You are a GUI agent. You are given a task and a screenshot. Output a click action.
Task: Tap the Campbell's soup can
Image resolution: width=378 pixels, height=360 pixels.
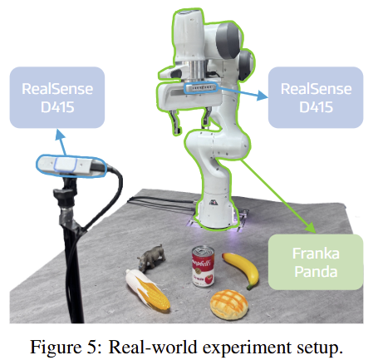[204, 266]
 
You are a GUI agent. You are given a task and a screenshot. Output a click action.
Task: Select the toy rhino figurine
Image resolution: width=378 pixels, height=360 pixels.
[151, 257]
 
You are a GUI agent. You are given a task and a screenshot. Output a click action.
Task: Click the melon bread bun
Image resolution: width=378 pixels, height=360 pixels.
[228, 304]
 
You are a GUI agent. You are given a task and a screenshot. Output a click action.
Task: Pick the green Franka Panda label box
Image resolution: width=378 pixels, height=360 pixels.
[316, 262]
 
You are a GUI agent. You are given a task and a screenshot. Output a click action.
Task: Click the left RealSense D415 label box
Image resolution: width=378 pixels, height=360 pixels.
[57, 97]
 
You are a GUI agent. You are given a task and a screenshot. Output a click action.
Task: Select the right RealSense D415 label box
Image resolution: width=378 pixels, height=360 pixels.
[316, 97]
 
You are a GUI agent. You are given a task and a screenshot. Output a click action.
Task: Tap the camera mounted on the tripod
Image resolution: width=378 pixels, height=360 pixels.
[71, 166]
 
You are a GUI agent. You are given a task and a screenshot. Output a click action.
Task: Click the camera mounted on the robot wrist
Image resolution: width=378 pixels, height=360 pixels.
[201, 88]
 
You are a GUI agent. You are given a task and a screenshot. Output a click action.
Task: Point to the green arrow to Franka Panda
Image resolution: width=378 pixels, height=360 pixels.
[278, 196]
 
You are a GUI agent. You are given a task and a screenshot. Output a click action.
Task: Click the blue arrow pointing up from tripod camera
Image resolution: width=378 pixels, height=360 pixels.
[61, 142]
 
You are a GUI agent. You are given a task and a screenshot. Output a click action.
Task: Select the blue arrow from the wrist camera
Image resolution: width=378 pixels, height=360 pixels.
[243, 93]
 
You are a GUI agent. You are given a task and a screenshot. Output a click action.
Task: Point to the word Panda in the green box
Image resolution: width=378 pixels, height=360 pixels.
[316, 272]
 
